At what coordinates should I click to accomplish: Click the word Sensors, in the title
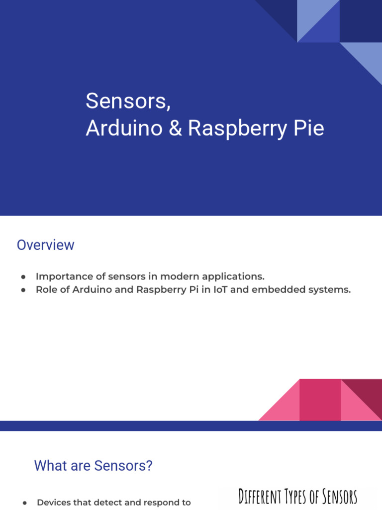(128, 101)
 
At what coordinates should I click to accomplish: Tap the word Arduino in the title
(124, 128)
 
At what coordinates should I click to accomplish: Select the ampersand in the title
(176, 128)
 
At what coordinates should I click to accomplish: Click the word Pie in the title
(308, 128)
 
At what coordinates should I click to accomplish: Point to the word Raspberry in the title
(238, 129)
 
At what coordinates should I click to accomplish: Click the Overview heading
(45, 245)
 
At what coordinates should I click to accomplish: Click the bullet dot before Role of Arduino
(23, 290)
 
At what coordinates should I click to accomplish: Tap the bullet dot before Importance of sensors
(23, 277)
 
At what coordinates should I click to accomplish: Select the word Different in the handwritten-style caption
(260, 497)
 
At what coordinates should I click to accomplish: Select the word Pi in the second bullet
(193, 289)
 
